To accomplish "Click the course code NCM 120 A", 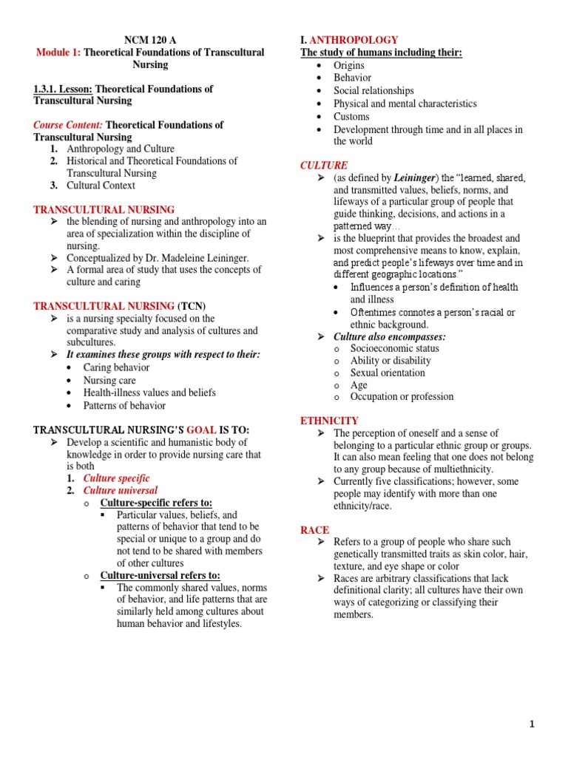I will tap(150, 40).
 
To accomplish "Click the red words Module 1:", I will tap(58, 52).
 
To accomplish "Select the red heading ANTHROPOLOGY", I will tap(354, 40).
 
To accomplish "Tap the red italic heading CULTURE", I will tap(323, 166).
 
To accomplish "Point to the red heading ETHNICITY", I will tap(329, 421).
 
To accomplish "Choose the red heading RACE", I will tap(314, 530).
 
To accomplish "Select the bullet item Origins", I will tap(349, 66).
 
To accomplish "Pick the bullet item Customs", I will tap(351, 117).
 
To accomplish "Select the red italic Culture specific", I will tap(116, 478).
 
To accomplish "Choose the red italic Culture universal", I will tap(120, 490).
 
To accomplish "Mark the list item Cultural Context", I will tap(101, 186).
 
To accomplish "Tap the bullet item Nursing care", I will tap(109, 380).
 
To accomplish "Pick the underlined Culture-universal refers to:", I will tap(160, 575).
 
